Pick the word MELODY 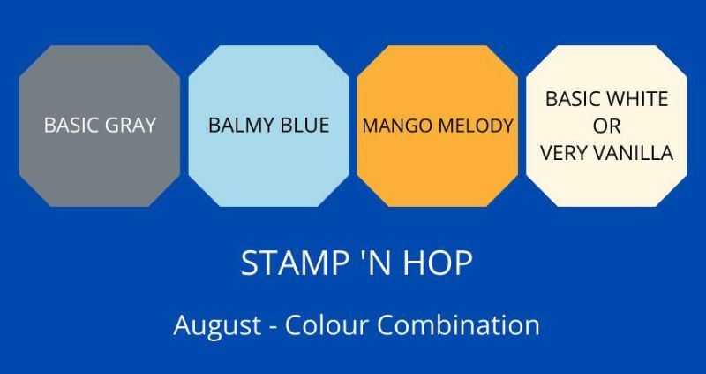click(x=475, y=126)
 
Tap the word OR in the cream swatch click(x=606, y=126)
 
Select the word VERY click(x=564, y=153)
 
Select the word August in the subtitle click(x=217, y=325)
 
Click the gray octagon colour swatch click(x=100, y=126)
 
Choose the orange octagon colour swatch click(x=437, y=126)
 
